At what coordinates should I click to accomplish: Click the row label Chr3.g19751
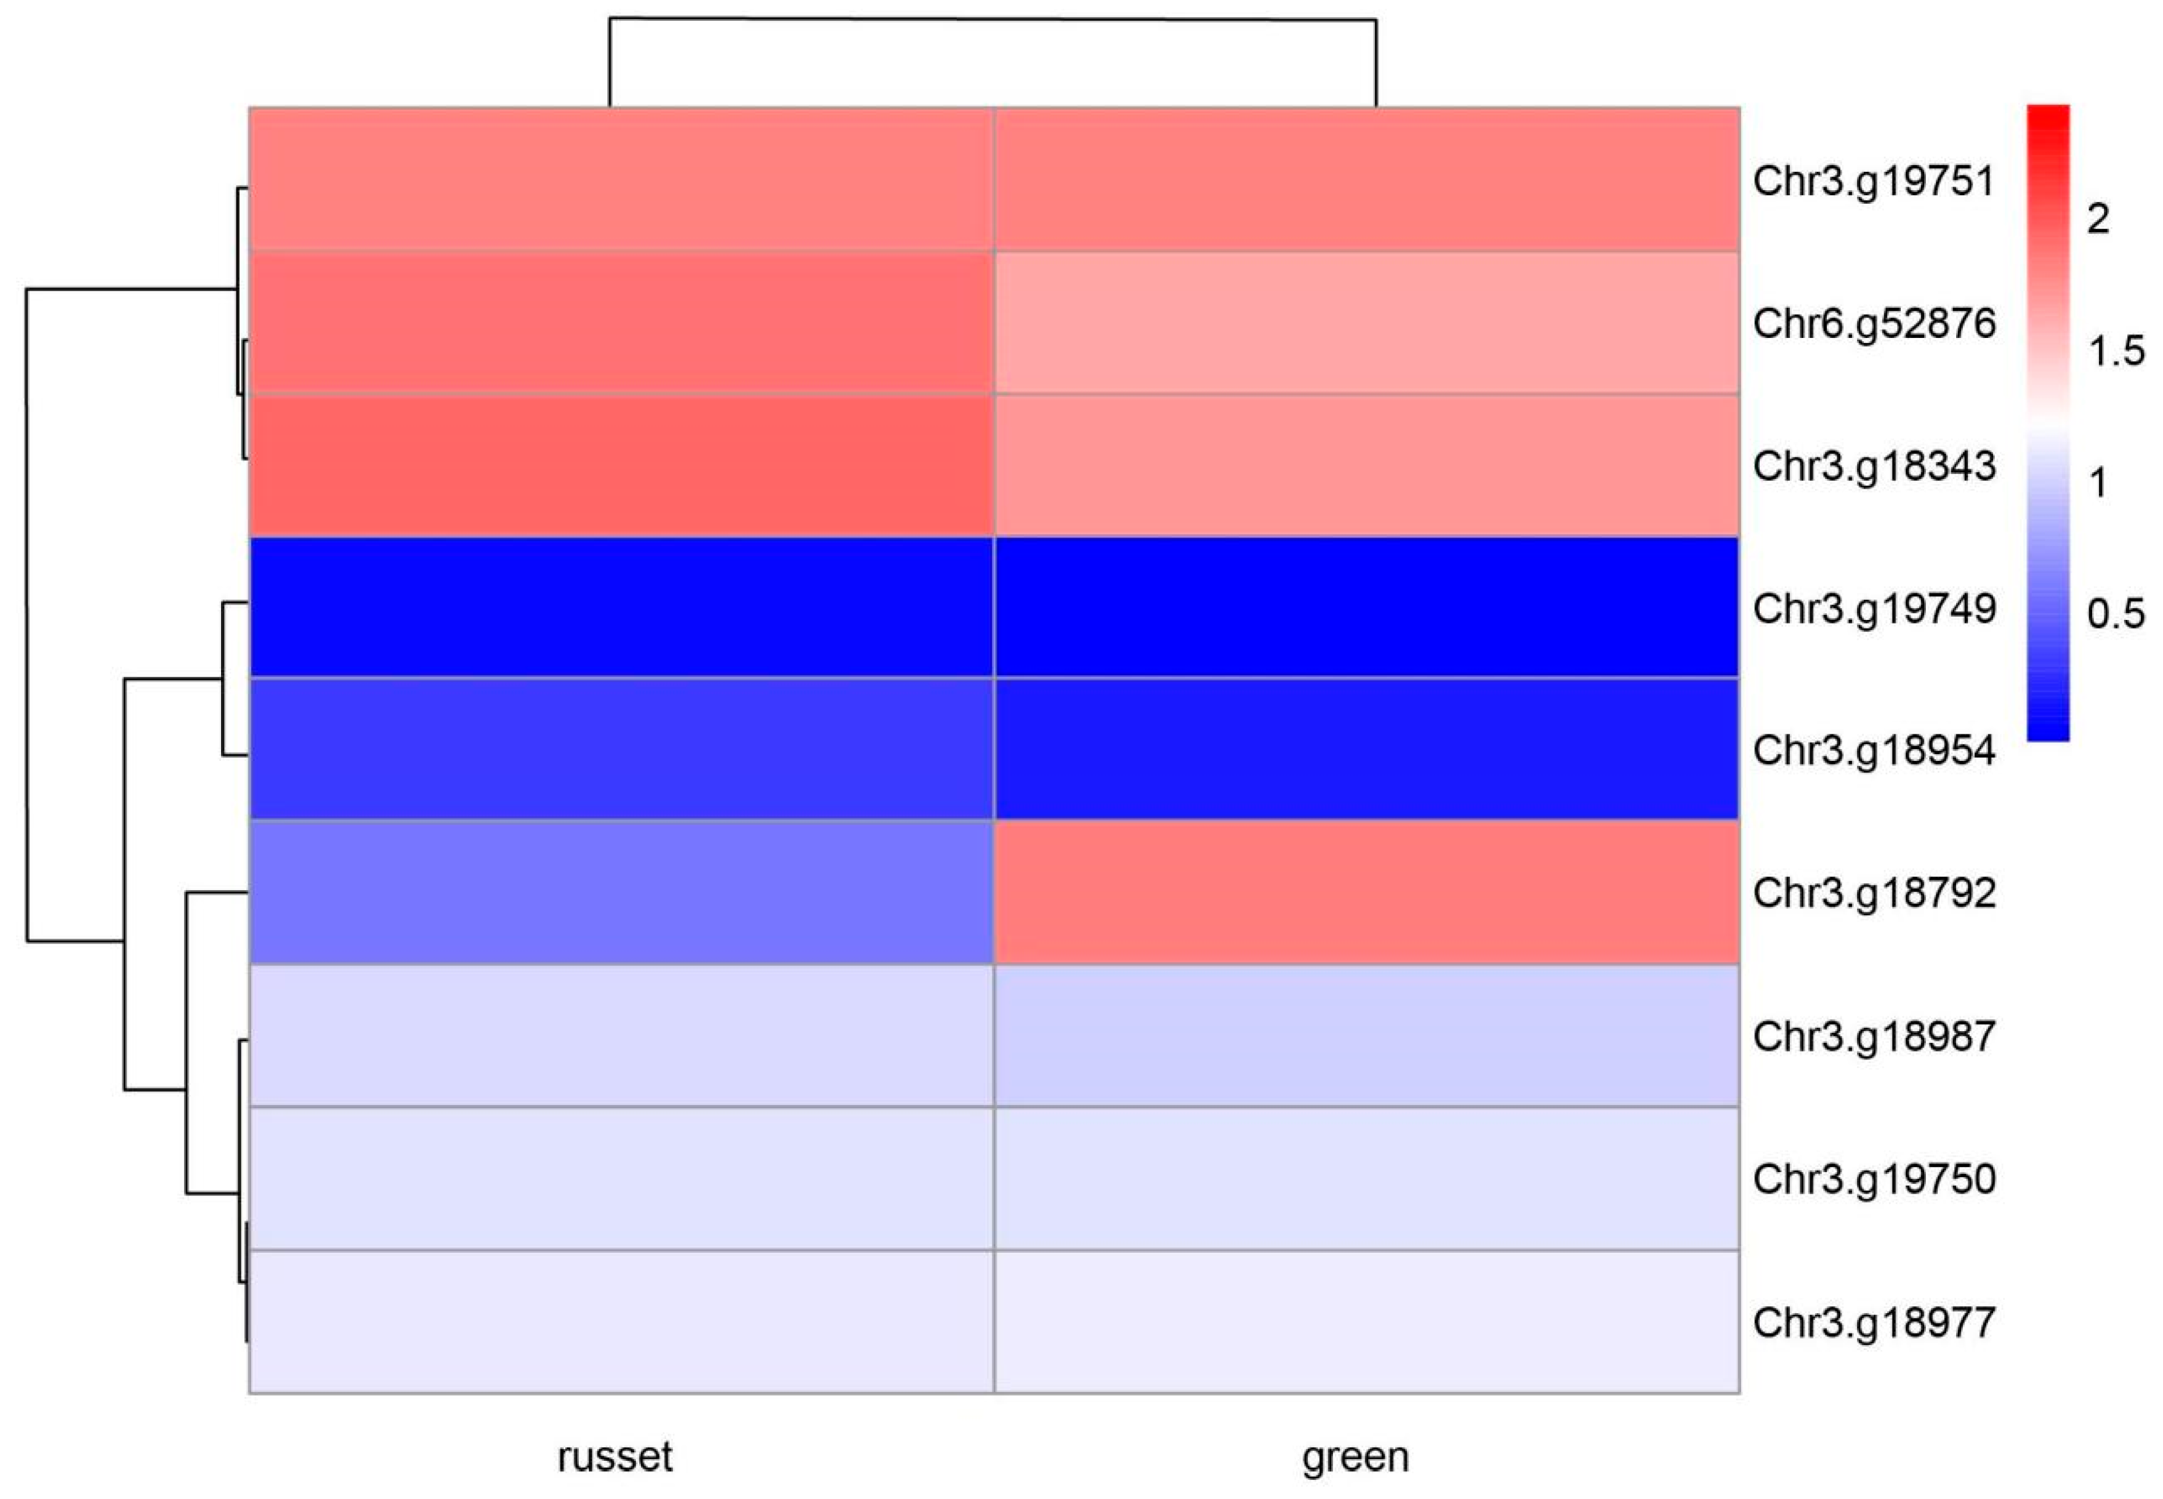point(1873,181)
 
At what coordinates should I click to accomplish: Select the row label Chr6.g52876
point(1873,324)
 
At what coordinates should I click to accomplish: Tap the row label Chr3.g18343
point(1873,467)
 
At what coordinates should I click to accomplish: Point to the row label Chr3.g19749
point(1873,609)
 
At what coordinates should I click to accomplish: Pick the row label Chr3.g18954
point(1873,750)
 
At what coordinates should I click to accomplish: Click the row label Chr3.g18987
point(1873,1037)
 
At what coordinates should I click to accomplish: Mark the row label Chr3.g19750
point(1873,1180)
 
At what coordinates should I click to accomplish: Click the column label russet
point(615,1457)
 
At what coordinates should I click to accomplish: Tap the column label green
point(1355,1457)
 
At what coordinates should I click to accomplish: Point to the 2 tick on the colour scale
point(2097,219)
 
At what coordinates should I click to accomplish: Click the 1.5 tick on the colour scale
point(2115,352)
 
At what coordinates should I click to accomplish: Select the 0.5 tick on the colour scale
point(2115,614)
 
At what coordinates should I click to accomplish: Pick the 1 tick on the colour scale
point(2097,483)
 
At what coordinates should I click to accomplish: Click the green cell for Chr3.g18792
point(1366,892)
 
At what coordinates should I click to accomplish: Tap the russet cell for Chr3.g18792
point(621,892)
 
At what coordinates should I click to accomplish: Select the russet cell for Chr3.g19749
point(621,608)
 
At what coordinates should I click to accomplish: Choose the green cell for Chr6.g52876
point(1366,322)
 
